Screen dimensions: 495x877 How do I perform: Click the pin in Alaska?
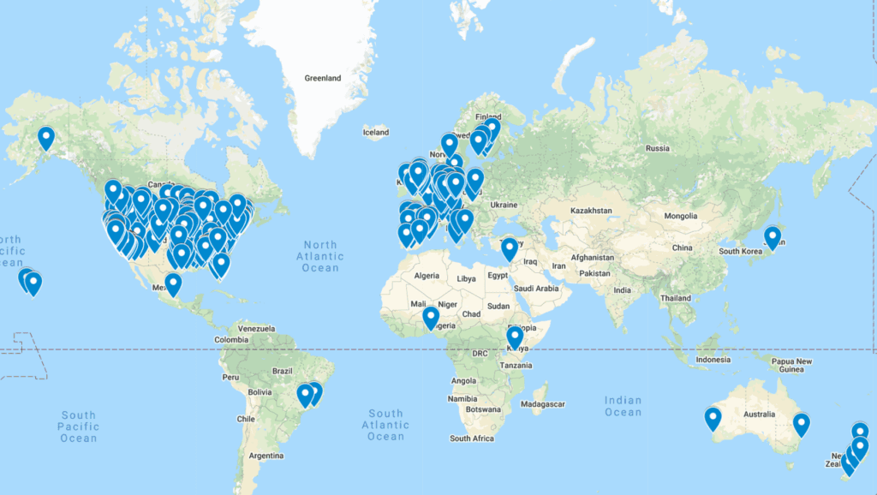46,137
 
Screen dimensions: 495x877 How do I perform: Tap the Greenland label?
323,78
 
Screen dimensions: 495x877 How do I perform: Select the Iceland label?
375,132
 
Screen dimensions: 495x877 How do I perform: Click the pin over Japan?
773,236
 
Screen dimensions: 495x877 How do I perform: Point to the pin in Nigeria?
431,318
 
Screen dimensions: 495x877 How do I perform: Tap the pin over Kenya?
515,337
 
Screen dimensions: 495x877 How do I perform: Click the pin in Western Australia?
713,418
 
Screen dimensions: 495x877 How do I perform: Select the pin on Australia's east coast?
801,423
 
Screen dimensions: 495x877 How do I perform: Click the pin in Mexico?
173,283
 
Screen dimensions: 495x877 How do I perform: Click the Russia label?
658,148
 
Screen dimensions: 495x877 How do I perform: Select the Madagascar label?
543,403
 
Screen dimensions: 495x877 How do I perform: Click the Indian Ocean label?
623,406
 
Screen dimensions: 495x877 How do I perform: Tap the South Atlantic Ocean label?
385,425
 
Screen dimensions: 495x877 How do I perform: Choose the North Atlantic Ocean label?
320,256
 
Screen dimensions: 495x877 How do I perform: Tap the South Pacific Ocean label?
79,426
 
